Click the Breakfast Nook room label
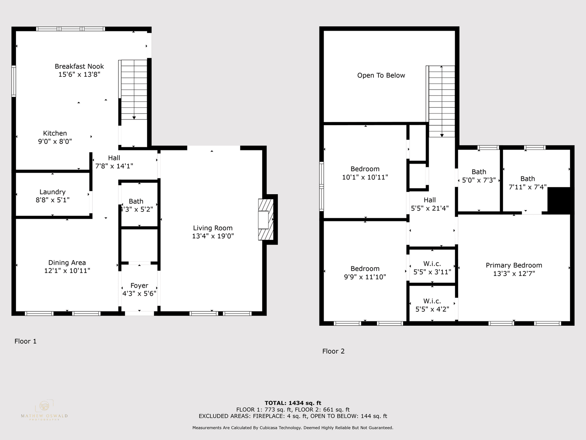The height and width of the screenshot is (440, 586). click(79, 66)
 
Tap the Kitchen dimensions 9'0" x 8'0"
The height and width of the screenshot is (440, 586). click(55, 141)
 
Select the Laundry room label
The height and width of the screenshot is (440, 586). click(52, 192)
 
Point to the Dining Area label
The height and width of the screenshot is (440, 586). click(67, 262)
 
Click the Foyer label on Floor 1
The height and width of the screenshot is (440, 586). click(139, 285)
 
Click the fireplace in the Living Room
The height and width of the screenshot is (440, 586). click(266, 219)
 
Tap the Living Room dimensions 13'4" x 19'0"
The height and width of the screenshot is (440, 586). click(213, 236)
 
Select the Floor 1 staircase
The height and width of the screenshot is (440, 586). click(134, 90)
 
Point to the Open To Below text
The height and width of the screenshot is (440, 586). click(381, 75)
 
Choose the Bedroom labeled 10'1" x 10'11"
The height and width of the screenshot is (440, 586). click(365, 169)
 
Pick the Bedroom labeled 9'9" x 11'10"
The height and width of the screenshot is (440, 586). click(365, 269)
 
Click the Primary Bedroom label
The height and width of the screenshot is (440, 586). click(514, 265)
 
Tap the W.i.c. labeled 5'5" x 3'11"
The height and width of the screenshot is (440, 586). click(432, 264)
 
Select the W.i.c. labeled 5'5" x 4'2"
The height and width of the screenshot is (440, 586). click(432, 301)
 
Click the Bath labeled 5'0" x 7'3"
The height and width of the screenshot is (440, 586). click(479, 172)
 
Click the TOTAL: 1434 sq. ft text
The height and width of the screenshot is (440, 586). click(293, 403)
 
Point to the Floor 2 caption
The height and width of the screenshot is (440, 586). click(333, 351)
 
